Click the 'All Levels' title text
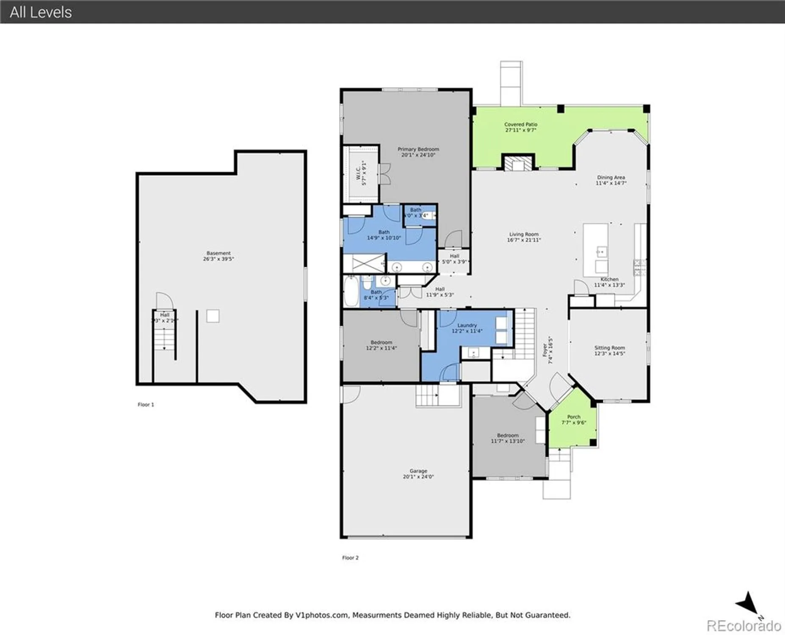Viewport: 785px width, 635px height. tap(41, 12)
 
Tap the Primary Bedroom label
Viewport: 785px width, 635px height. tap(418, 149)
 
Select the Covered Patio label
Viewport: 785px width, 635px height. tap(520, 124)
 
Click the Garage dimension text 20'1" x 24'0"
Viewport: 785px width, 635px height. tap(418, 477)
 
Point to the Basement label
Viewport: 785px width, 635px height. tap(218, 253)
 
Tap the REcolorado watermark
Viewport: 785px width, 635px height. tap(744, 625)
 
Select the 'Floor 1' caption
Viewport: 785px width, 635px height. tap(146, 405)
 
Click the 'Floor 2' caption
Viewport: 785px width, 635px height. tap(350, 558)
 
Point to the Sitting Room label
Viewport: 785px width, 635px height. tap(609, 348)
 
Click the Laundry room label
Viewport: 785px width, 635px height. tap(467, 325)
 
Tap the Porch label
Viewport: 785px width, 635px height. tap(574, 417)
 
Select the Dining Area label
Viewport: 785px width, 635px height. tap(611, 177)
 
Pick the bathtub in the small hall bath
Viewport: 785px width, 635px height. tap(351, 291)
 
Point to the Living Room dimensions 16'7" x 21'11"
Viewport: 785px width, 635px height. tap(524, 240)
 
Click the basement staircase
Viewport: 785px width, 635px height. tap(164, 339)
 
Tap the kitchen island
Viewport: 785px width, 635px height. tap(595, 250)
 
